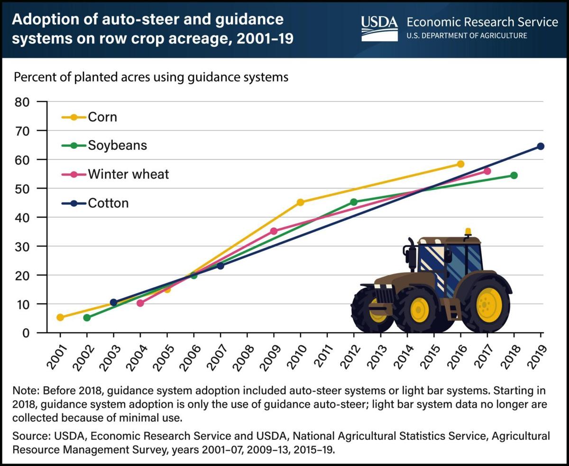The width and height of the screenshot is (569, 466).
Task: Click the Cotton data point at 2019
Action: coord(541,146)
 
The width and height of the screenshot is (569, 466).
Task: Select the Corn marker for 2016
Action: coord(460,164)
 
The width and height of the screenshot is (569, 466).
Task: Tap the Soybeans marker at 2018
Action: coord(514,175)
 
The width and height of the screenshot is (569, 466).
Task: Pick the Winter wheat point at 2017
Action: coord(487,171)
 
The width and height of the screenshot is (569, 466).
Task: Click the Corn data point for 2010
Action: coord(300,202)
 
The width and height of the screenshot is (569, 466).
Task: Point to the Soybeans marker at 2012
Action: coord(354,202)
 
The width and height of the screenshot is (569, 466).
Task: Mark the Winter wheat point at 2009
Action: coord(274,231)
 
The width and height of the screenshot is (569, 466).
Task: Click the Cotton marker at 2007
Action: coord(220,265)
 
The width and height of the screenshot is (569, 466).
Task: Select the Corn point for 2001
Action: coord(60,317)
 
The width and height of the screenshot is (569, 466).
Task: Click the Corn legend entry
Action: coord(102,117)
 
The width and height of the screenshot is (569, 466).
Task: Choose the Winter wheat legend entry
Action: coord(128,174)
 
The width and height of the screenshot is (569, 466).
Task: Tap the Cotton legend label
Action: coord(108,203)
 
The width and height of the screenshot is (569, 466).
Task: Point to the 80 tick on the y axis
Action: coord(23,101)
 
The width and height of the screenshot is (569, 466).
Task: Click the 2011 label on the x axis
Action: coord(326,352)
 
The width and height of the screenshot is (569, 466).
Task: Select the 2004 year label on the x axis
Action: coord(139,352)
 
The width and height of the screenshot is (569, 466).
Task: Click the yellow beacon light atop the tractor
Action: coord(468,231)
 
